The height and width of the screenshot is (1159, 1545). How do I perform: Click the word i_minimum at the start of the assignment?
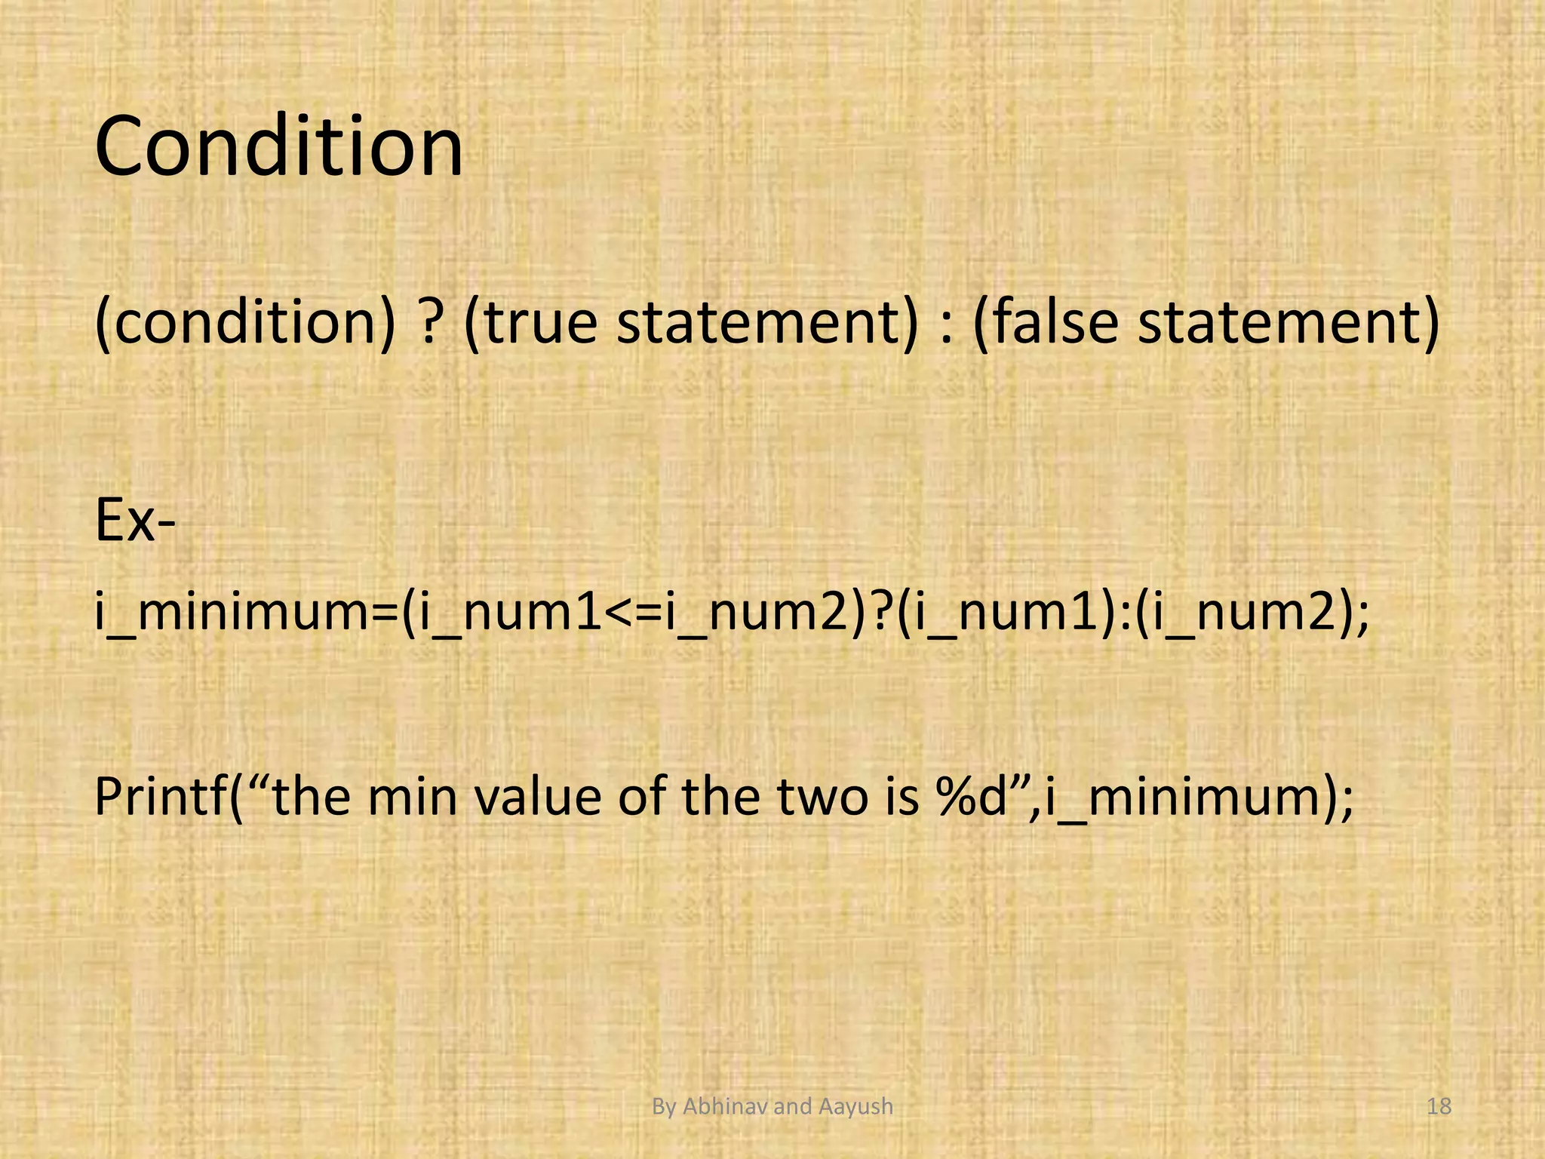246,613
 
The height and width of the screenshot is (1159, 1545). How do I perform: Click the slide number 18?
1439,1107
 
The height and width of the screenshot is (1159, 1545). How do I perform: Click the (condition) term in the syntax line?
245,321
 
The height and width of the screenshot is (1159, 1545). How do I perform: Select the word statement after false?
1289,321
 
